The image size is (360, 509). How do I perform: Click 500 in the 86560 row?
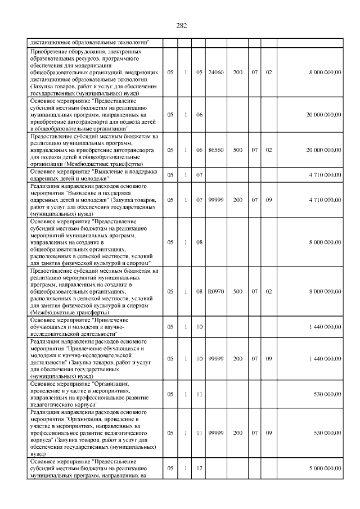click(238, 150)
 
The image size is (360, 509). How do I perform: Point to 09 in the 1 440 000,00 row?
click(269, 358)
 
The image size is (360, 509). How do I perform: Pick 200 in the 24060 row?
click(238, 73)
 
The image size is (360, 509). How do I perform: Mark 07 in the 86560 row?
click(254, 150)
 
